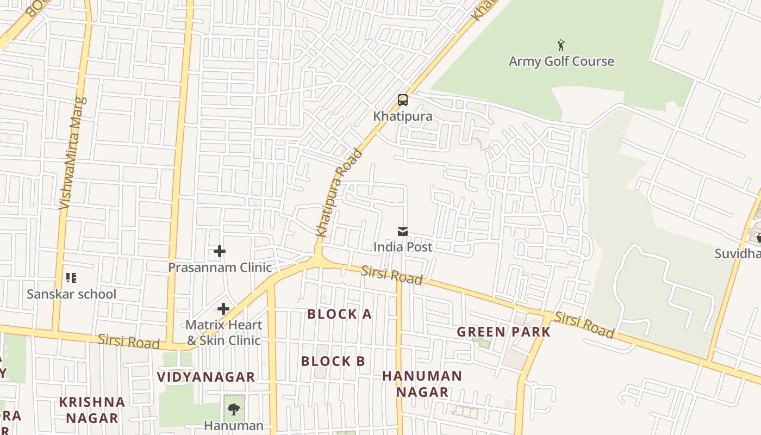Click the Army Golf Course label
pos(561,61)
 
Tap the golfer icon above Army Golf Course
pos(561,45)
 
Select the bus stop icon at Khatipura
pos(402,100)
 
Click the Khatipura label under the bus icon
pos(402,116)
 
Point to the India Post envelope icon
pos(402,232)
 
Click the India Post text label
pos(402,247)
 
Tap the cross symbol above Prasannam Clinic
pos(220,251)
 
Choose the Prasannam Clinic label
pos(220,268)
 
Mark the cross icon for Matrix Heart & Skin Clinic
pos(223,309)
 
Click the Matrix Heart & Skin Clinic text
pos(223,332)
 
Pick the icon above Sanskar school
pos(71,278)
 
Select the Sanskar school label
pos(71,294)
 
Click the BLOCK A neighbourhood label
pos(339,314)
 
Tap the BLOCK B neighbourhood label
pos(333,361)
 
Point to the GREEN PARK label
pos(503,332)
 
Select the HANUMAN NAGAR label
pos(422,383)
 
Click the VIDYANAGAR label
pos(205,377)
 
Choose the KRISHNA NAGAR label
pos(92,410)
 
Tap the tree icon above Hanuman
pos(234,409)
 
